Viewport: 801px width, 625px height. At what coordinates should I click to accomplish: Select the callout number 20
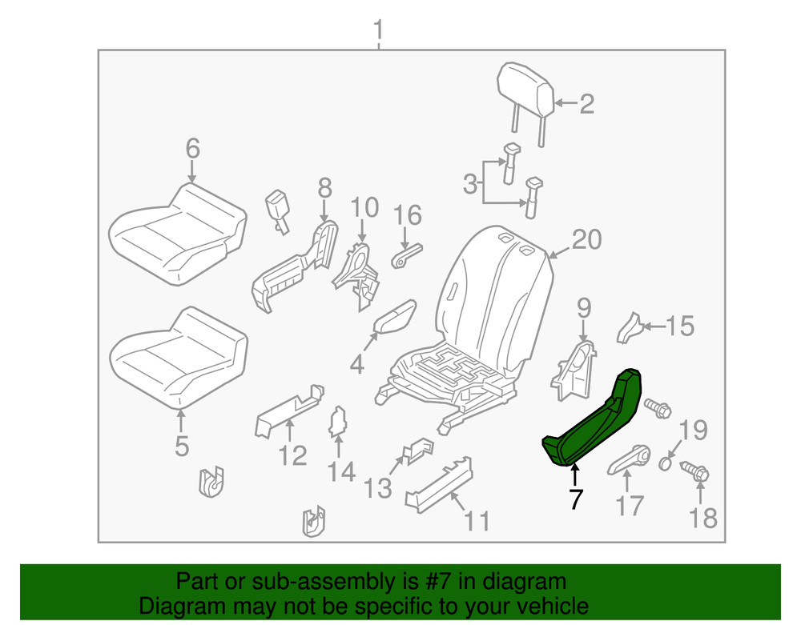click(586, 239)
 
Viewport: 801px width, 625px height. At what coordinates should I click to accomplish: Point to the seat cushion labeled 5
click(179, 357)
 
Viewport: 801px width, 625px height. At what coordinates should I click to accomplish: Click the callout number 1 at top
click(378, 30)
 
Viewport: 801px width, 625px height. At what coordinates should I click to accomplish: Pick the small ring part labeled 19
click(665, 464)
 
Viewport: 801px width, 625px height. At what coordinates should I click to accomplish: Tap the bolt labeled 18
click(694, 471)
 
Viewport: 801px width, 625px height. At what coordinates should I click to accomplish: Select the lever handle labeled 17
click(629, 459)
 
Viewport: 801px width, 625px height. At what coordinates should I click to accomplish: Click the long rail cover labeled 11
click(439, 485)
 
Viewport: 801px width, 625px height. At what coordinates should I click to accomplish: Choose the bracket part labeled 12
click(289, 411)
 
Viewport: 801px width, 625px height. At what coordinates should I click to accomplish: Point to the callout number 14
click(340, 472)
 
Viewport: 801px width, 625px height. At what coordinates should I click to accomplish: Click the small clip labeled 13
click(418, 450)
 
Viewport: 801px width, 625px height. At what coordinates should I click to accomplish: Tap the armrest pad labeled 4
click(395, 317)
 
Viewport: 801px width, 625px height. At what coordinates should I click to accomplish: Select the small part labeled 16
click(407, 255)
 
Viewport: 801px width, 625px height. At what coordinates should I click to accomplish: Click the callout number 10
click(364, 207)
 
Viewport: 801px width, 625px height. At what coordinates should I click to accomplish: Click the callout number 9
click(584, 308)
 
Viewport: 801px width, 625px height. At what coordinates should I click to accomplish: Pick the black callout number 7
click(576, 499)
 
